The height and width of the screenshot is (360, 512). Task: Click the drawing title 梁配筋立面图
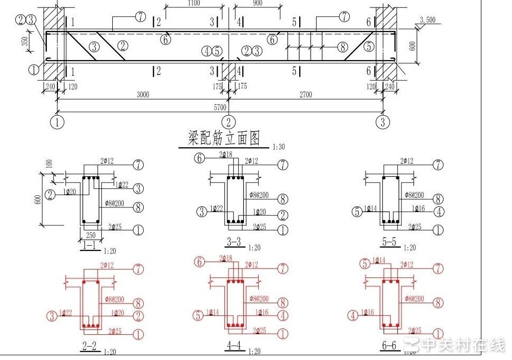pyautogui.click(x=224, y=138)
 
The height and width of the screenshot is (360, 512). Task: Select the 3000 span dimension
pyautogui.click(x=143, y=95)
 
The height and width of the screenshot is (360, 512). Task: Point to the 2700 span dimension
pyautogui.click(x=306, y=95)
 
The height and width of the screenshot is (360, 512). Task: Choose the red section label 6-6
pyautogui.click(x=390, y=345)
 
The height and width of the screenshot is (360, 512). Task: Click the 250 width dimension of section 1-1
pyautogui.click(x=90, y=234)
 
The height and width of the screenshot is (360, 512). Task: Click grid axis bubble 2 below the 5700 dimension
pyautogui.click(x=228, y=122)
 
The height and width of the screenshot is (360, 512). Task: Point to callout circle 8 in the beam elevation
pyautogui.click(x=342, y=47)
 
